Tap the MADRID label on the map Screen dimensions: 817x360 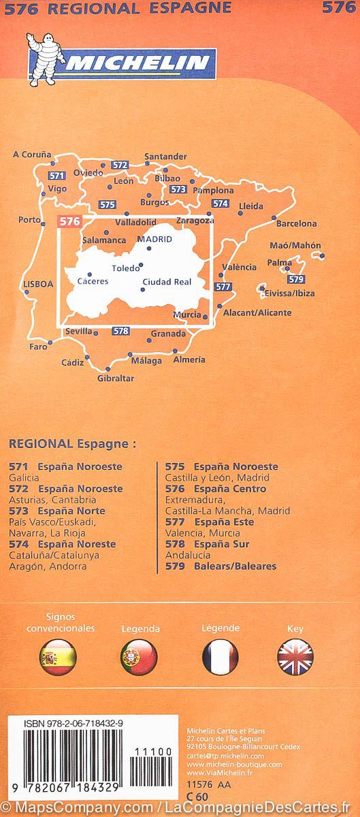154,239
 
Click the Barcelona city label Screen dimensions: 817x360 296,223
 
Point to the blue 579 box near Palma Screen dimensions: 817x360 295,279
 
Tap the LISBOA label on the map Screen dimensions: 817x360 37,285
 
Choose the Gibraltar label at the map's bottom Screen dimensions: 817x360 116,379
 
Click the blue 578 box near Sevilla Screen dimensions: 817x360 120,332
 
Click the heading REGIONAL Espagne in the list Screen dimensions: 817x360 72,443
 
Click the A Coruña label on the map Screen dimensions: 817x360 32,155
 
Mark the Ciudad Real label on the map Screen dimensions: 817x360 167,281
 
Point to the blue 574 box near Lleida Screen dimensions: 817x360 220,203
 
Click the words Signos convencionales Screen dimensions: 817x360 60,623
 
